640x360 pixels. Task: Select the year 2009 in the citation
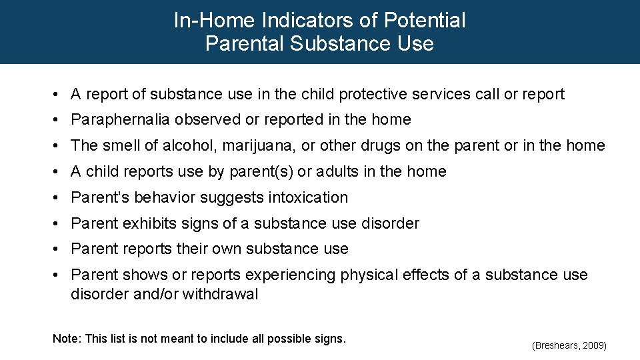pyautogui.click(x=593, y=345)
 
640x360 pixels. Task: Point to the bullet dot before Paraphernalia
pyautogui.click(x=59, y=120)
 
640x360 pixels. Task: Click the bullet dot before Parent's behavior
pyautogui.click(x=59, y=198)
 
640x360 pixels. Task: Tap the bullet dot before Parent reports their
pyautogui.click(x=59, y=249)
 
